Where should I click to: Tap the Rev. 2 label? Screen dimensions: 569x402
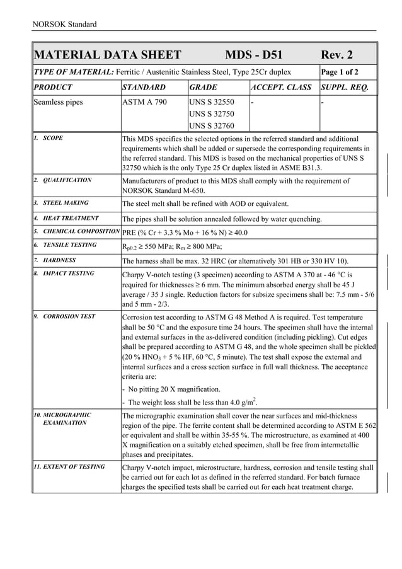pos(337,55)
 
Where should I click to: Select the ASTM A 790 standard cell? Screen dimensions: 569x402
pos(144,102)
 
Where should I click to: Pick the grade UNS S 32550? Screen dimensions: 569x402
pos(212,102)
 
